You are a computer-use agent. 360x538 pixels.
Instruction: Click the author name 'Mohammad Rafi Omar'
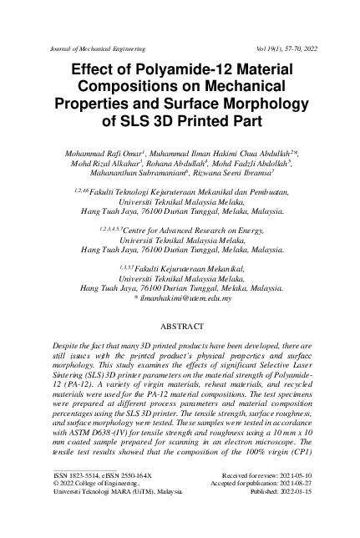[x=100, y=155]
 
